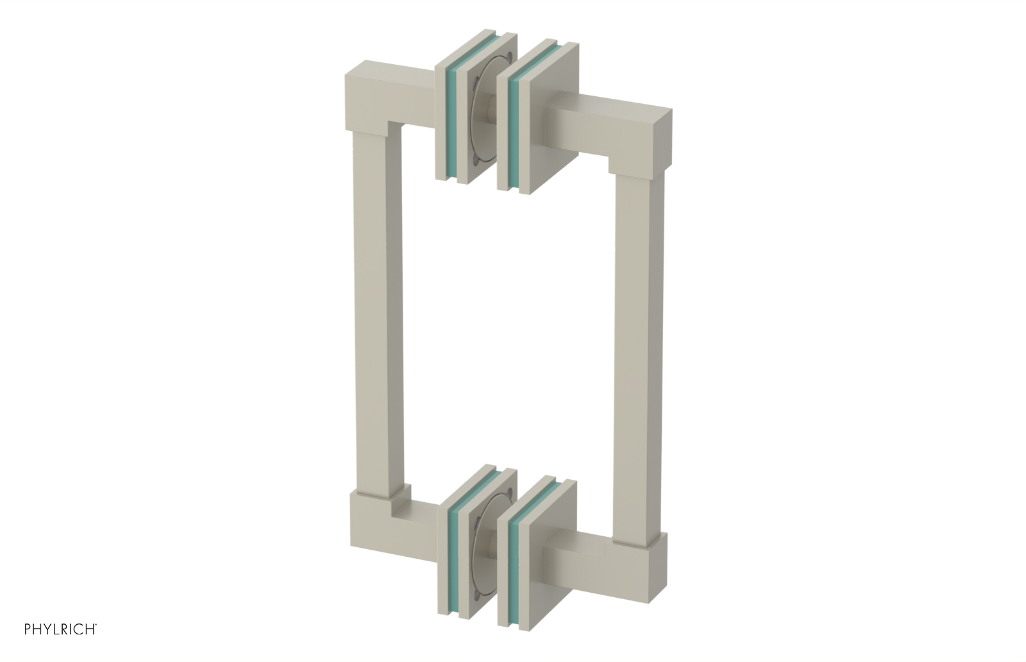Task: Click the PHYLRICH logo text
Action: [60, 628]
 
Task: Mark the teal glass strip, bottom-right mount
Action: [513, 564]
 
